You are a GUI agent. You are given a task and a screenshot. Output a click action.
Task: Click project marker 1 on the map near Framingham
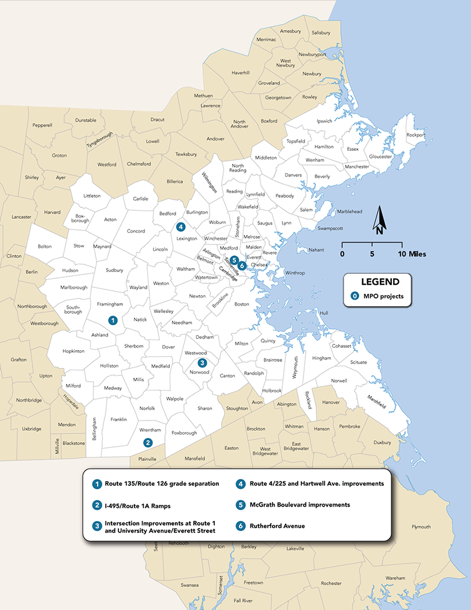(113, 320)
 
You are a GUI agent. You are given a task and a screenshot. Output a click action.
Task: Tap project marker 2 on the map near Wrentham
(148, 443)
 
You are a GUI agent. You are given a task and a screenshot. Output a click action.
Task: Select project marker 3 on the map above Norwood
(202, 363)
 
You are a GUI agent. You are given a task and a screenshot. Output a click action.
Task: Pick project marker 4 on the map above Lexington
(181, 227)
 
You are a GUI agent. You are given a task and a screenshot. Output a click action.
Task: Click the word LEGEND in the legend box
(380, 282)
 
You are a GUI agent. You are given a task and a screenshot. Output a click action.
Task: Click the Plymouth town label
(421, 527)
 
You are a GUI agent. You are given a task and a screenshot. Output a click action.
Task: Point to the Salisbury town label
(321, 33)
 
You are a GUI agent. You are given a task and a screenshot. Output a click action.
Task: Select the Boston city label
(241, 304)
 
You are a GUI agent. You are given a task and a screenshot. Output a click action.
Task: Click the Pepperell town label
(42, 125)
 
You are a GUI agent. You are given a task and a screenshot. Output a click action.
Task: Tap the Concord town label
(136, 231)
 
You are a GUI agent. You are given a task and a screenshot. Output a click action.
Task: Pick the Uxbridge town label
(32, 429)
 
